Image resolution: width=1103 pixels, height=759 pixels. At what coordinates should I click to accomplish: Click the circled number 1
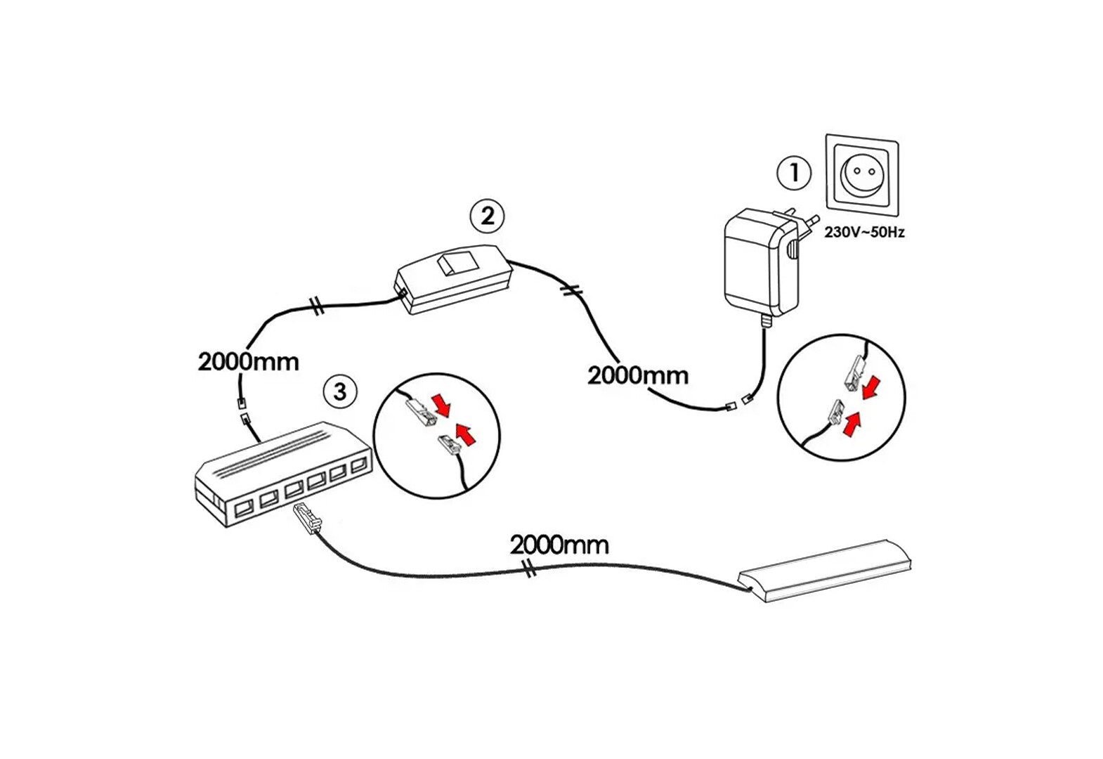click(795, 172)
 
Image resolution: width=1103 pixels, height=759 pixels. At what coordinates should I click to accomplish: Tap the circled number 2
click(487, 216)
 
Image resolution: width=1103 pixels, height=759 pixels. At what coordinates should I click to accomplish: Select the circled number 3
click(340, 391)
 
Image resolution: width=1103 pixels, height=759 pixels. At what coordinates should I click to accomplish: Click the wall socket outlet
click(862, 175)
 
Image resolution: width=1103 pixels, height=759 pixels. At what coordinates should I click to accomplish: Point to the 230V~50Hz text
click(864, 232)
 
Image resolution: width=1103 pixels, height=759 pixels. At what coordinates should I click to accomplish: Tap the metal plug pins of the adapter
click(808, 219)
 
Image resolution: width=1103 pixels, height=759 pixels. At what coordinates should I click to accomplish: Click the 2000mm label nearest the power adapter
click(638, 375)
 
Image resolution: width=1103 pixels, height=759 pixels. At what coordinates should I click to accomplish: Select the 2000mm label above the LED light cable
click(559, 545)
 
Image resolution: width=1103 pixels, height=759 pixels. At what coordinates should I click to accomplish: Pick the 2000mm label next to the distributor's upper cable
click(248, 362)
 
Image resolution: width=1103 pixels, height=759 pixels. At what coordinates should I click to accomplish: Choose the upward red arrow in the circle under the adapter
click(852, 423)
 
